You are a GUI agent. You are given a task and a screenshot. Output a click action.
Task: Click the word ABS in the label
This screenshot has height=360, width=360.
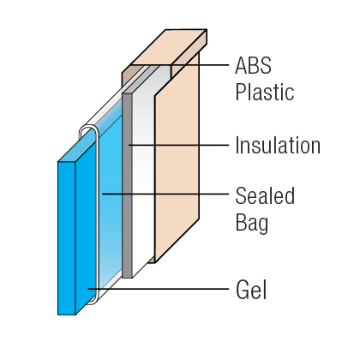click(253, 65)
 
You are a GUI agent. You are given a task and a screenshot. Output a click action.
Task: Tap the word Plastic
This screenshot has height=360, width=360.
click(265, 92)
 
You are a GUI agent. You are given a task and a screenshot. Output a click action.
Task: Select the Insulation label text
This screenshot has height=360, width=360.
click(278, 145)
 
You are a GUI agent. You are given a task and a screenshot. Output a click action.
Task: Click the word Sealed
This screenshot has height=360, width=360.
click(265, 195)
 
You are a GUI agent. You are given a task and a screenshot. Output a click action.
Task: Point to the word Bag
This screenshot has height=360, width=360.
click(252, 223)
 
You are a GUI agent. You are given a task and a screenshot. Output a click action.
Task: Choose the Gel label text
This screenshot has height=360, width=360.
click(251, 290)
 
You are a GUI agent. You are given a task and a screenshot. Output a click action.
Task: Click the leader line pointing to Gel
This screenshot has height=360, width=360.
click(159, 289)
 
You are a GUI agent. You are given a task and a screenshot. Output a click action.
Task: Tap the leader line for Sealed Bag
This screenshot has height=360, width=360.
click(165, 194)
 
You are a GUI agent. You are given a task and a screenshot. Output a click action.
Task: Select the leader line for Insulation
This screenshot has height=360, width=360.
click(178, 145)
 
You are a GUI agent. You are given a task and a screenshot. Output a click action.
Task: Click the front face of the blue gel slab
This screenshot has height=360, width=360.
click(67, 238)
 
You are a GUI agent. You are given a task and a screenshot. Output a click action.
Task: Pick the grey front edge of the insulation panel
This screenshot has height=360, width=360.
click(127, 185)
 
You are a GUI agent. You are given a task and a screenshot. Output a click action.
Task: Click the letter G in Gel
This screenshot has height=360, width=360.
click(243, 290)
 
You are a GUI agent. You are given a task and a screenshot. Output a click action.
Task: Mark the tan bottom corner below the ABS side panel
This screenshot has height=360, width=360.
click(152, 260)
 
